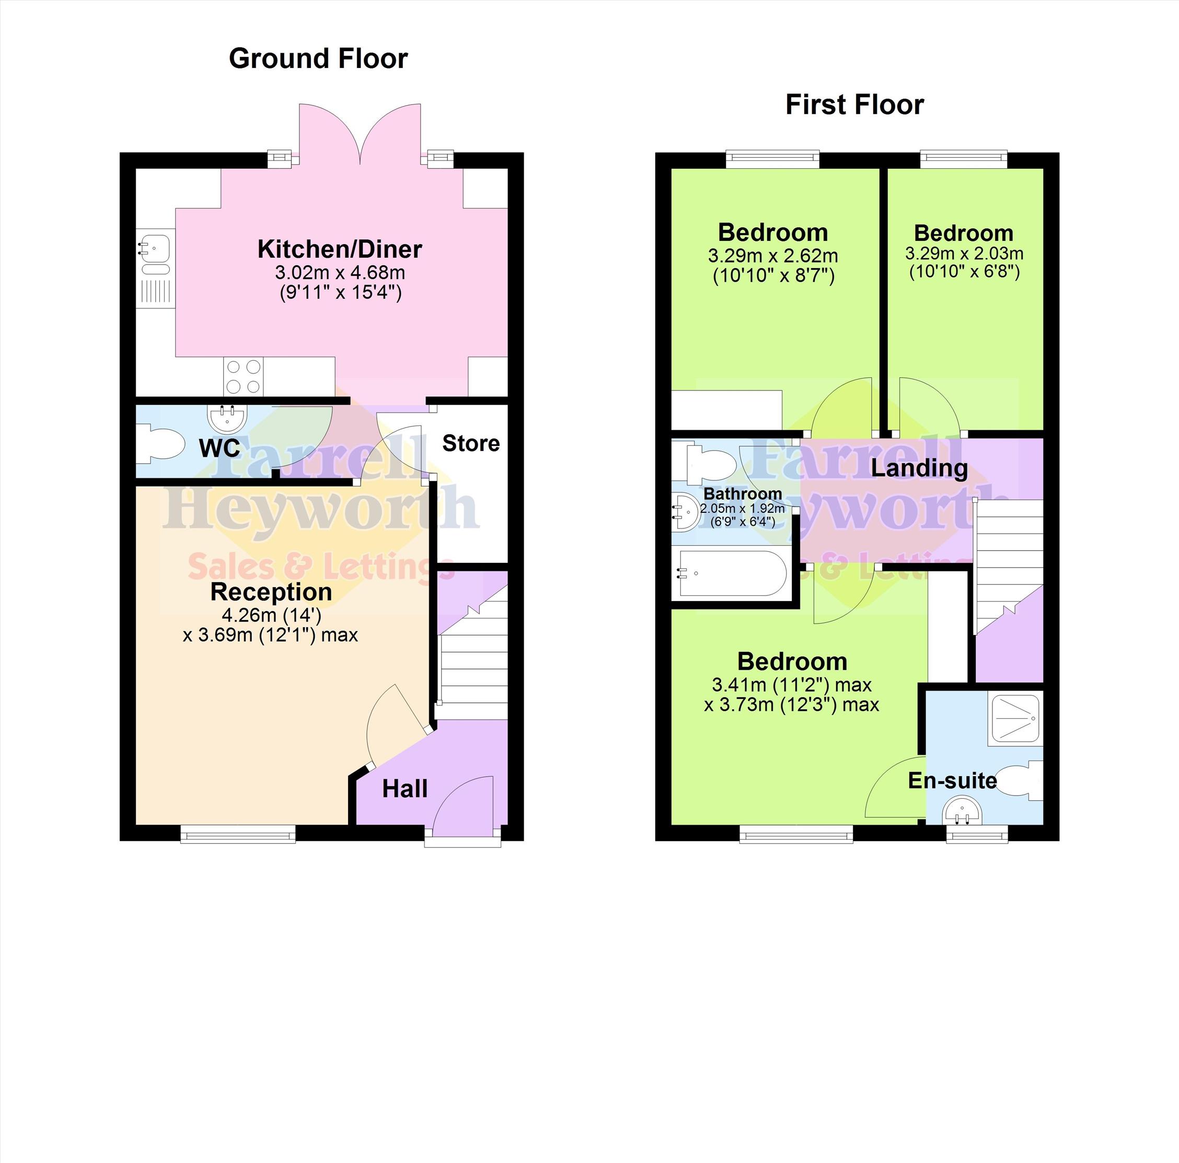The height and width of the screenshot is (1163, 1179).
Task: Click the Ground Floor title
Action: [318, 59]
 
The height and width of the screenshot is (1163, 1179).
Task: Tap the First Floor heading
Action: [854, 105]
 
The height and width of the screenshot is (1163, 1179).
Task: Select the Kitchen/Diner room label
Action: [340, 249]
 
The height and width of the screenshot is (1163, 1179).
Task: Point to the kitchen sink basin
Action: [155, 252]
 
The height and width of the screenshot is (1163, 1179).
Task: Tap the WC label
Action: [219, 448]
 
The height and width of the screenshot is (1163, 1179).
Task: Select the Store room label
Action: [471, 443]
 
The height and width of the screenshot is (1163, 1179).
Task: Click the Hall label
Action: [404, 789]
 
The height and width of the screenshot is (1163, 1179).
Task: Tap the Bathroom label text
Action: [743, 493]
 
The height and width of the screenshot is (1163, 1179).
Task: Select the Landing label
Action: [919, 468]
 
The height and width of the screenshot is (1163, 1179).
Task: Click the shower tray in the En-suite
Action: [1015, 719]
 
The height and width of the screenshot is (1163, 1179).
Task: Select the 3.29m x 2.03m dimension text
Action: [964, 254]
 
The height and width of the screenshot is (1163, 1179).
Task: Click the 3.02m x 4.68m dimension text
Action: [340, 272]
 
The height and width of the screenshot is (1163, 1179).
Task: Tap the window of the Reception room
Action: [238, 834]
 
